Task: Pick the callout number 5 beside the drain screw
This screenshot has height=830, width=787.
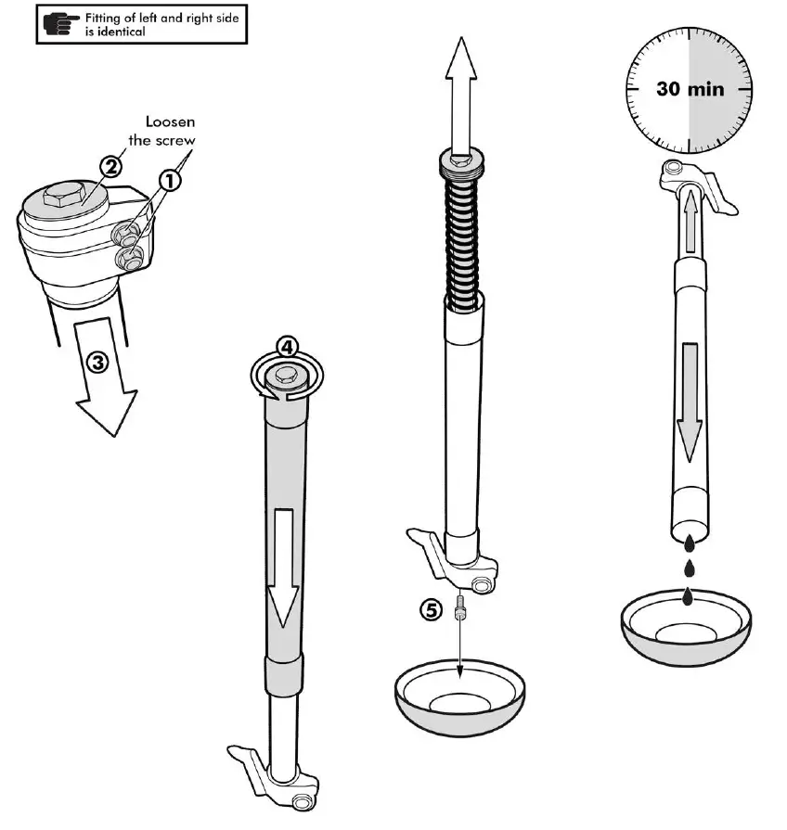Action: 431,610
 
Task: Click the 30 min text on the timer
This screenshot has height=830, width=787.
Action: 690,90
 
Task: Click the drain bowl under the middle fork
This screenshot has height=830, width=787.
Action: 458,700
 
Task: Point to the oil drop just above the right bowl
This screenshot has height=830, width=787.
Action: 687,596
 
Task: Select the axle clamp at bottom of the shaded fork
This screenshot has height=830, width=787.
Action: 277,777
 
